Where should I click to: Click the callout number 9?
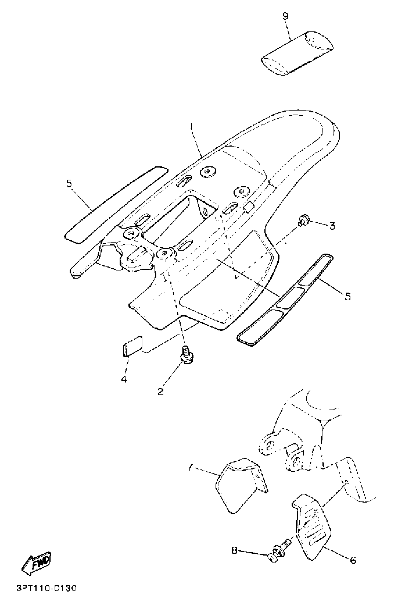pyautogui.click(x=285, y=16)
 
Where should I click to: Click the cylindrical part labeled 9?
pyautogui.click(x=297, y=54)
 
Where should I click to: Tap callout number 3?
pyautogui.click(x=332, y=226)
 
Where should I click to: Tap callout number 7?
pyautogui.click(x=190, y=467)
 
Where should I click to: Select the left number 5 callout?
pyautogui.click(x=69, y=183)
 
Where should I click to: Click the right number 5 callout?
pyautogui.click(x=347, y=296)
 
